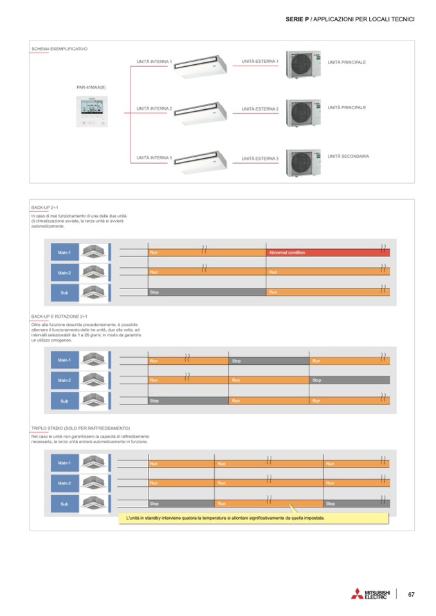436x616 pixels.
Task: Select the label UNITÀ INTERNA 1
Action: point(154,62)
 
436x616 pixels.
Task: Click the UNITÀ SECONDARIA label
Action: point(348,156)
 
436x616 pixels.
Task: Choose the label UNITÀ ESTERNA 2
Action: point(260,109)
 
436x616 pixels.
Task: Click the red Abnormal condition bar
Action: point(327,253)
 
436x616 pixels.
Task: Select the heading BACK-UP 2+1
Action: point(45,208)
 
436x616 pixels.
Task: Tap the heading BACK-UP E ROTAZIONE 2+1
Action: point(59,317)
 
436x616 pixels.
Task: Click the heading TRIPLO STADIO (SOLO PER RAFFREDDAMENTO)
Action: point(80,428)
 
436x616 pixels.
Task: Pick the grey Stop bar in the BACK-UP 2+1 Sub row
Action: point(206,292)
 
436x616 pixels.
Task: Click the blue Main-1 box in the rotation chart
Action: point(64,360)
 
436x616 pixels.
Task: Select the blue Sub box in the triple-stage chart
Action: point(64,504)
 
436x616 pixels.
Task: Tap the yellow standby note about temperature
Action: point(253,518)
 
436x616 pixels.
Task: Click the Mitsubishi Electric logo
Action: point(370,594)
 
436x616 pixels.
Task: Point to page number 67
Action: point(412,594)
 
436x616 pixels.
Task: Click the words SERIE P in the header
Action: point(296,20)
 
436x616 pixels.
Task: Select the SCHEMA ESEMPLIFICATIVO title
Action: point(59,49)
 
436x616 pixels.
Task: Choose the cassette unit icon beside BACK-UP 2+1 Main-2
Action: point(93,272)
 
